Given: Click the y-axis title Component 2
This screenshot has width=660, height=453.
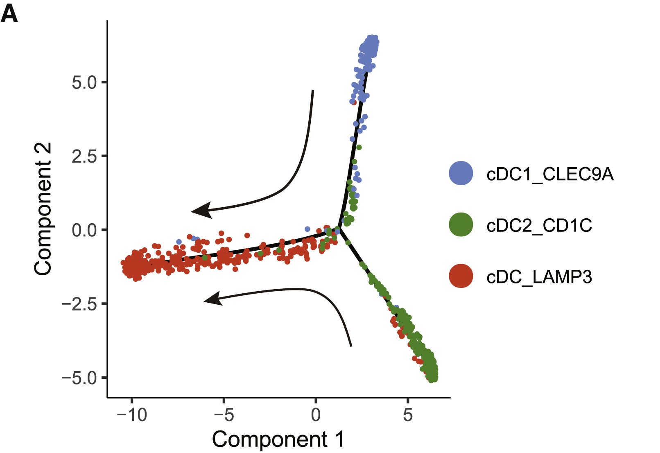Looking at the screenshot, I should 43,209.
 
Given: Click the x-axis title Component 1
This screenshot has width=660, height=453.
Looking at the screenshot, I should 278,439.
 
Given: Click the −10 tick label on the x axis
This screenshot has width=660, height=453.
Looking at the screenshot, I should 131,415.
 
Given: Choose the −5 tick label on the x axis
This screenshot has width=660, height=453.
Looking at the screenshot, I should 224,415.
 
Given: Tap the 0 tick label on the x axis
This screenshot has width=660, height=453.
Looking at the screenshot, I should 316,415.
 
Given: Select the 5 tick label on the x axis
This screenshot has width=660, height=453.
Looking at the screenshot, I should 408,415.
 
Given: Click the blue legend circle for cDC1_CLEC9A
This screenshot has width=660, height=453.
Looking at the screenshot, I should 461,173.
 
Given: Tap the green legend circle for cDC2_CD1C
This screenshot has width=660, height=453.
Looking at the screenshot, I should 461,224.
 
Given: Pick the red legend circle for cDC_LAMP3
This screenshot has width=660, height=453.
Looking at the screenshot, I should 461,276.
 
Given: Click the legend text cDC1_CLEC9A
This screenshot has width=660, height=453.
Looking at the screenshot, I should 550,174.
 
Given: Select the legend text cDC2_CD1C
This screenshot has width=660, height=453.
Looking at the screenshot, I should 539,225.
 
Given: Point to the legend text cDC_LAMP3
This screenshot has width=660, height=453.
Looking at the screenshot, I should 539,277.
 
